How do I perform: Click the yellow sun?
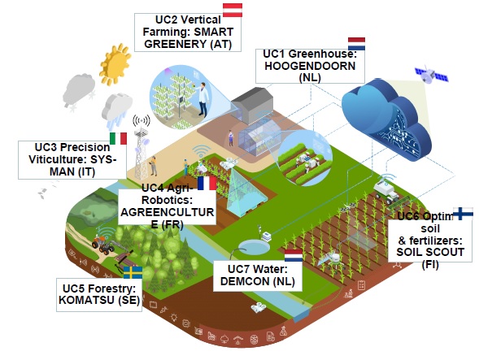[115, 64]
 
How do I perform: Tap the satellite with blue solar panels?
[431, 75]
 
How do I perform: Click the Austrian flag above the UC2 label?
[233, 10]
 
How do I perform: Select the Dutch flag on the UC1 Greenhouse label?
[356, 44]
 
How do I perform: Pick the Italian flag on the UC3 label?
[118, 138]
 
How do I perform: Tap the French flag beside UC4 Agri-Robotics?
[207, 183]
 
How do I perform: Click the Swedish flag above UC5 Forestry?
[133, 272]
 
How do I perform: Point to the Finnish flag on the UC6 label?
[463, 214]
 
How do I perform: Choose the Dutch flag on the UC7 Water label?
[294, 255]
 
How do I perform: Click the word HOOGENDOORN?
[310, 66]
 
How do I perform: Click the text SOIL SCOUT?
[430, 252]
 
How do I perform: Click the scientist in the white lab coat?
[202, 98]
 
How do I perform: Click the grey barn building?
[252, 106]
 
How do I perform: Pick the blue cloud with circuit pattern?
[386, 119]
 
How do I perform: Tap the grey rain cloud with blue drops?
[116, 111]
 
